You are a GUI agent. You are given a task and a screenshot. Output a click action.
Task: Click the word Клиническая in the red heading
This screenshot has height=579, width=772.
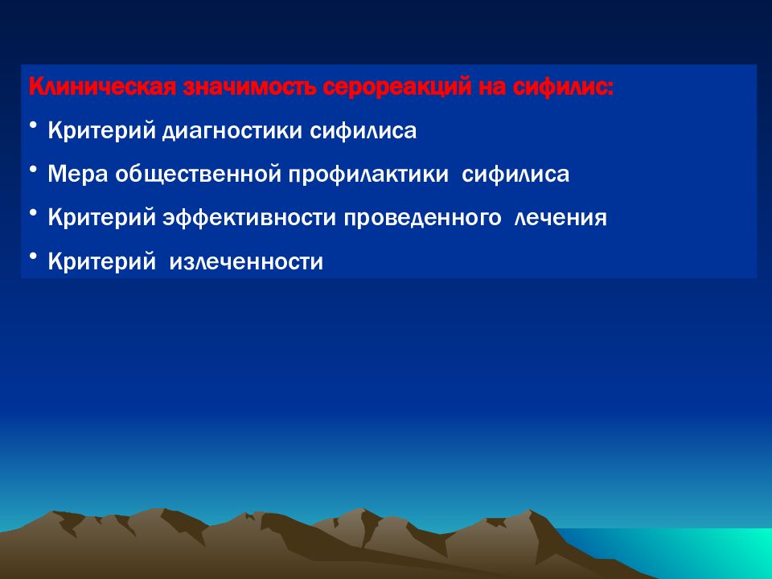(102, 87)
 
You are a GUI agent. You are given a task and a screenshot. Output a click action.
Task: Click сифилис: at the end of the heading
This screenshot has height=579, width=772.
(563, 88)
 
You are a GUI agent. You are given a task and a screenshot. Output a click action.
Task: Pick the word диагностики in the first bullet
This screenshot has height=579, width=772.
(232, 131)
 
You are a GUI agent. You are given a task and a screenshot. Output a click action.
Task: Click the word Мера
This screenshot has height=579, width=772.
(78, 174)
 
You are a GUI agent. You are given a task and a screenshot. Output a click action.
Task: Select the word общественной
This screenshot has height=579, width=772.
(198, 175)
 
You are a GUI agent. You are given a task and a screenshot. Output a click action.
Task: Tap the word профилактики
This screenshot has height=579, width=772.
(368, 175)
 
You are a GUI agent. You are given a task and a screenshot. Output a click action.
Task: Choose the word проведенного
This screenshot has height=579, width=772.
(422, 219)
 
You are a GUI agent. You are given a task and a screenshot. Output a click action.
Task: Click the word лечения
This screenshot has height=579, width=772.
(561, 218)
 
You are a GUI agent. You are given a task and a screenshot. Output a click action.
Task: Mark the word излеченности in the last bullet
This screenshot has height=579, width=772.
(246, 261)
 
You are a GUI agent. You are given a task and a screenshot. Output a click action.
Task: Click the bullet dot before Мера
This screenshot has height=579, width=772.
(32, 170)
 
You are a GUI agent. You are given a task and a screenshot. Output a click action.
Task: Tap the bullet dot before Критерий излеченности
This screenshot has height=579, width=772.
(32, 257)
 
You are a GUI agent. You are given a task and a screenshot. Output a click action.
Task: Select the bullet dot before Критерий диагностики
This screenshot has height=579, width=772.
(32, 126)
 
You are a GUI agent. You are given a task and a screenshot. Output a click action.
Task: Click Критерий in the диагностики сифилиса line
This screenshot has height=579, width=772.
(102, 131)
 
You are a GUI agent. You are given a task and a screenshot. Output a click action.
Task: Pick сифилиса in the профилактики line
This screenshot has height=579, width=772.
(515, 175)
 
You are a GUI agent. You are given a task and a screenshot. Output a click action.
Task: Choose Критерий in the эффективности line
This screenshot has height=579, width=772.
(102, 218)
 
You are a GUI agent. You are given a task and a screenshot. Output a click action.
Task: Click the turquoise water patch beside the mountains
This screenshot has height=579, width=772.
(689, 552)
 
